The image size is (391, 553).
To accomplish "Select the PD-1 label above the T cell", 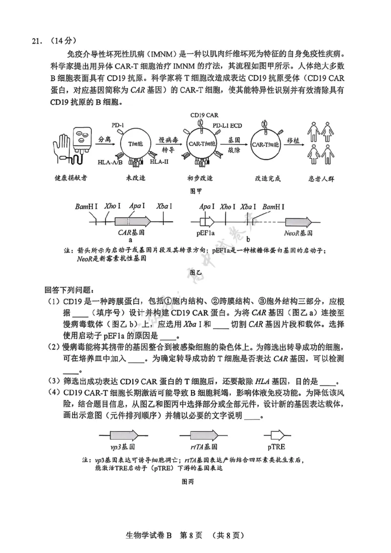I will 118,125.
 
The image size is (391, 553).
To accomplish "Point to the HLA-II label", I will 159,161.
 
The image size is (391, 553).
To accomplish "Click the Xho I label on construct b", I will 228,207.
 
